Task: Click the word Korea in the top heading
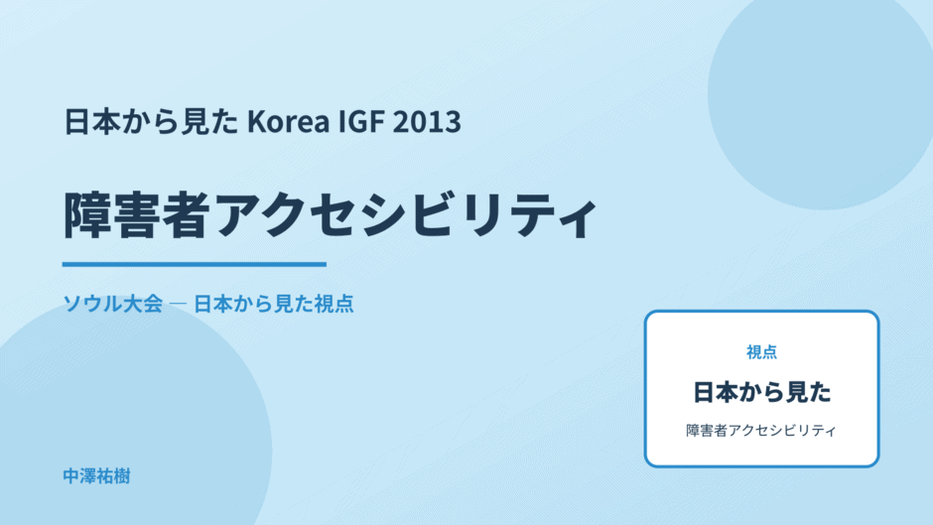click(288, 121)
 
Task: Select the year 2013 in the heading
click(427, 121)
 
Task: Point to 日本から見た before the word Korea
click(151, 121)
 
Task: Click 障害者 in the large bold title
click(137, 215)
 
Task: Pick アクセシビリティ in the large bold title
click(406, 215)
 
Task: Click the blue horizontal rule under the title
click(195, 264)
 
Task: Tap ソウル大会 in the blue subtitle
click(113, 304)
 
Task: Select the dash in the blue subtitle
click(178, 304)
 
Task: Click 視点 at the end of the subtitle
click(333, 304)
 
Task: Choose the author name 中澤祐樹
click(96, 476)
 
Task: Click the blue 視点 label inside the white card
click(761, 352)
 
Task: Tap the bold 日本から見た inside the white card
click(761, 392)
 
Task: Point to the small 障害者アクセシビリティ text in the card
click(761, 431)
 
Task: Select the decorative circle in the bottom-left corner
click(119, 429)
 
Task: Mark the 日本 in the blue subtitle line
click(212, 304)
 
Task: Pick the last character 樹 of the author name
click(122, 476)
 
